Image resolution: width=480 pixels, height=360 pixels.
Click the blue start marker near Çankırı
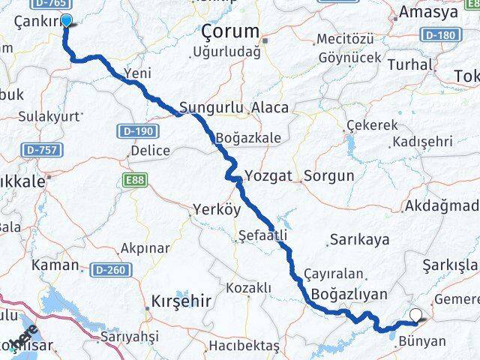(x=66, y=21)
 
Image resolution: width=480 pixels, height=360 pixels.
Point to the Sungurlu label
(x=211, y=108)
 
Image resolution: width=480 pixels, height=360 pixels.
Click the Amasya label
(x=430, y=13)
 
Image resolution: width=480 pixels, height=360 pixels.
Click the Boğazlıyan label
(x=344, y=294)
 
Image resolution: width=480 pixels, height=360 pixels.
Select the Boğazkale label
(x=247, y=139)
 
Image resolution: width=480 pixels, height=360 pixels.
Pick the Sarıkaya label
(x=358, y=240)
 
